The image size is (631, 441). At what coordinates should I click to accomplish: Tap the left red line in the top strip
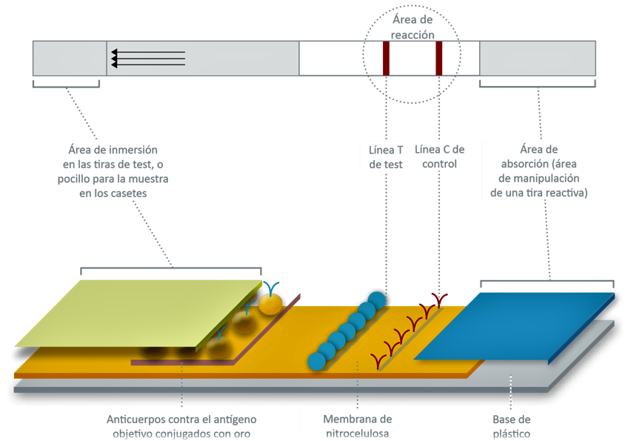tap(386, 59)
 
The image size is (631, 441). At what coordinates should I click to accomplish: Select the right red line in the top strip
tap(438, 59)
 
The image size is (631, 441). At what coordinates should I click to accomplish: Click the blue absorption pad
tap(515, 326)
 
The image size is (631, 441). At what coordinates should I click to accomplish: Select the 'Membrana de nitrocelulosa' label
tap(358, 426)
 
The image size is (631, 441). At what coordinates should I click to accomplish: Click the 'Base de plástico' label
tap(512, 426)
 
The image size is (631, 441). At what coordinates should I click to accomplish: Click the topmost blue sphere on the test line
tap(377, 300)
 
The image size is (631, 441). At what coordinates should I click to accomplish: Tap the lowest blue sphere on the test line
tap(317, 361)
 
